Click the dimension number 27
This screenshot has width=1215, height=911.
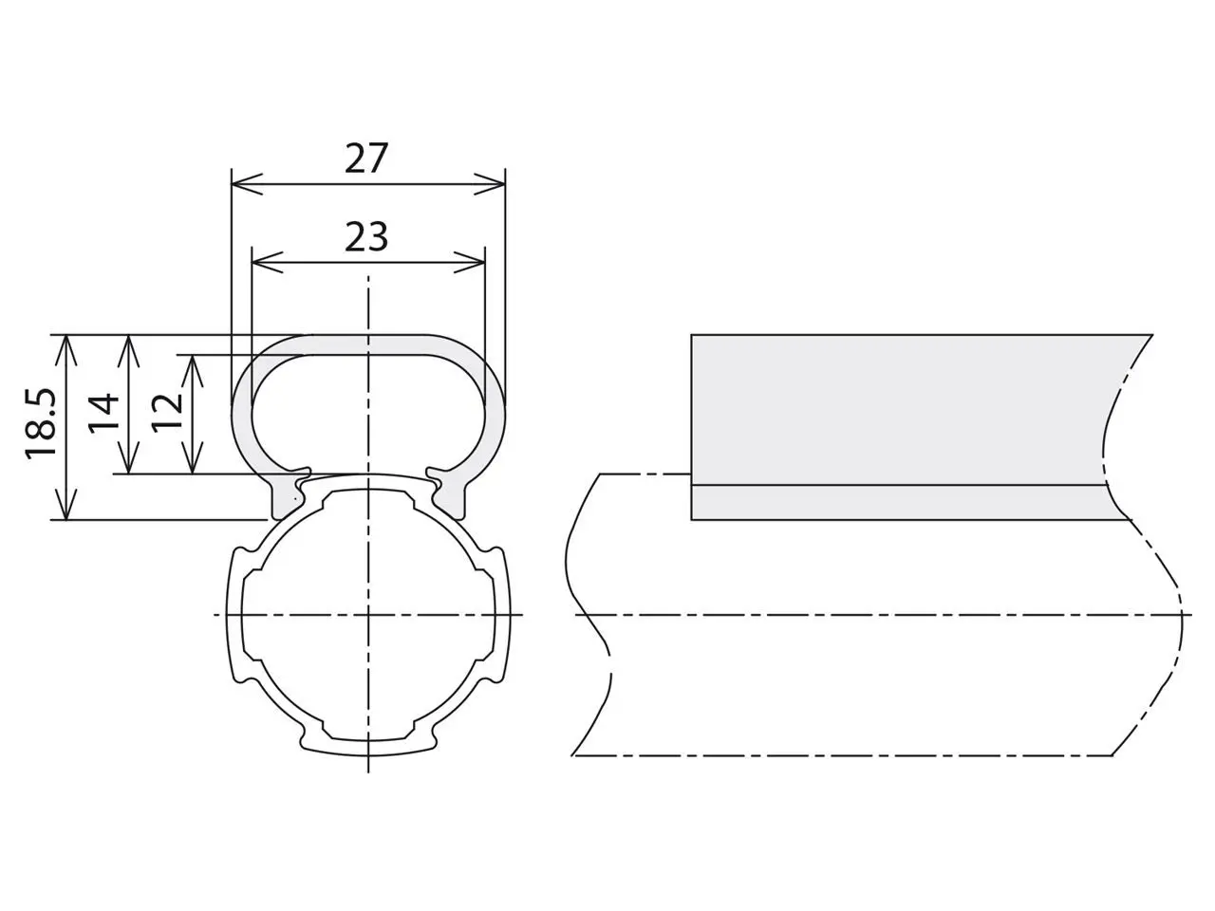[x=365, y=158]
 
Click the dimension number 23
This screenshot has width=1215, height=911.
[x=365, y=236]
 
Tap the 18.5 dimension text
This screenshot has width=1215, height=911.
[x=41, y=424]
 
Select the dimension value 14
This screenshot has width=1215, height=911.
[x=103, y=413]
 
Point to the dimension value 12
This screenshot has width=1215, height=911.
[x=167, y=413]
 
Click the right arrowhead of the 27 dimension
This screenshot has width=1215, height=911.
[x=490, y=184]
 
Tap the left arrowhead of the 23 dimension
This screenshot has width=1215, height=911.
[x=268, y=262]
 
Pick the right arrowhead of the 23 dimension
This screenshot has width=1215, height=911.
[x=470, y=262]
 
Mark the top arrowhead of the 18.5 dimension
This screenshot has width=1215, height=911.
[x=65, y=350]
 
